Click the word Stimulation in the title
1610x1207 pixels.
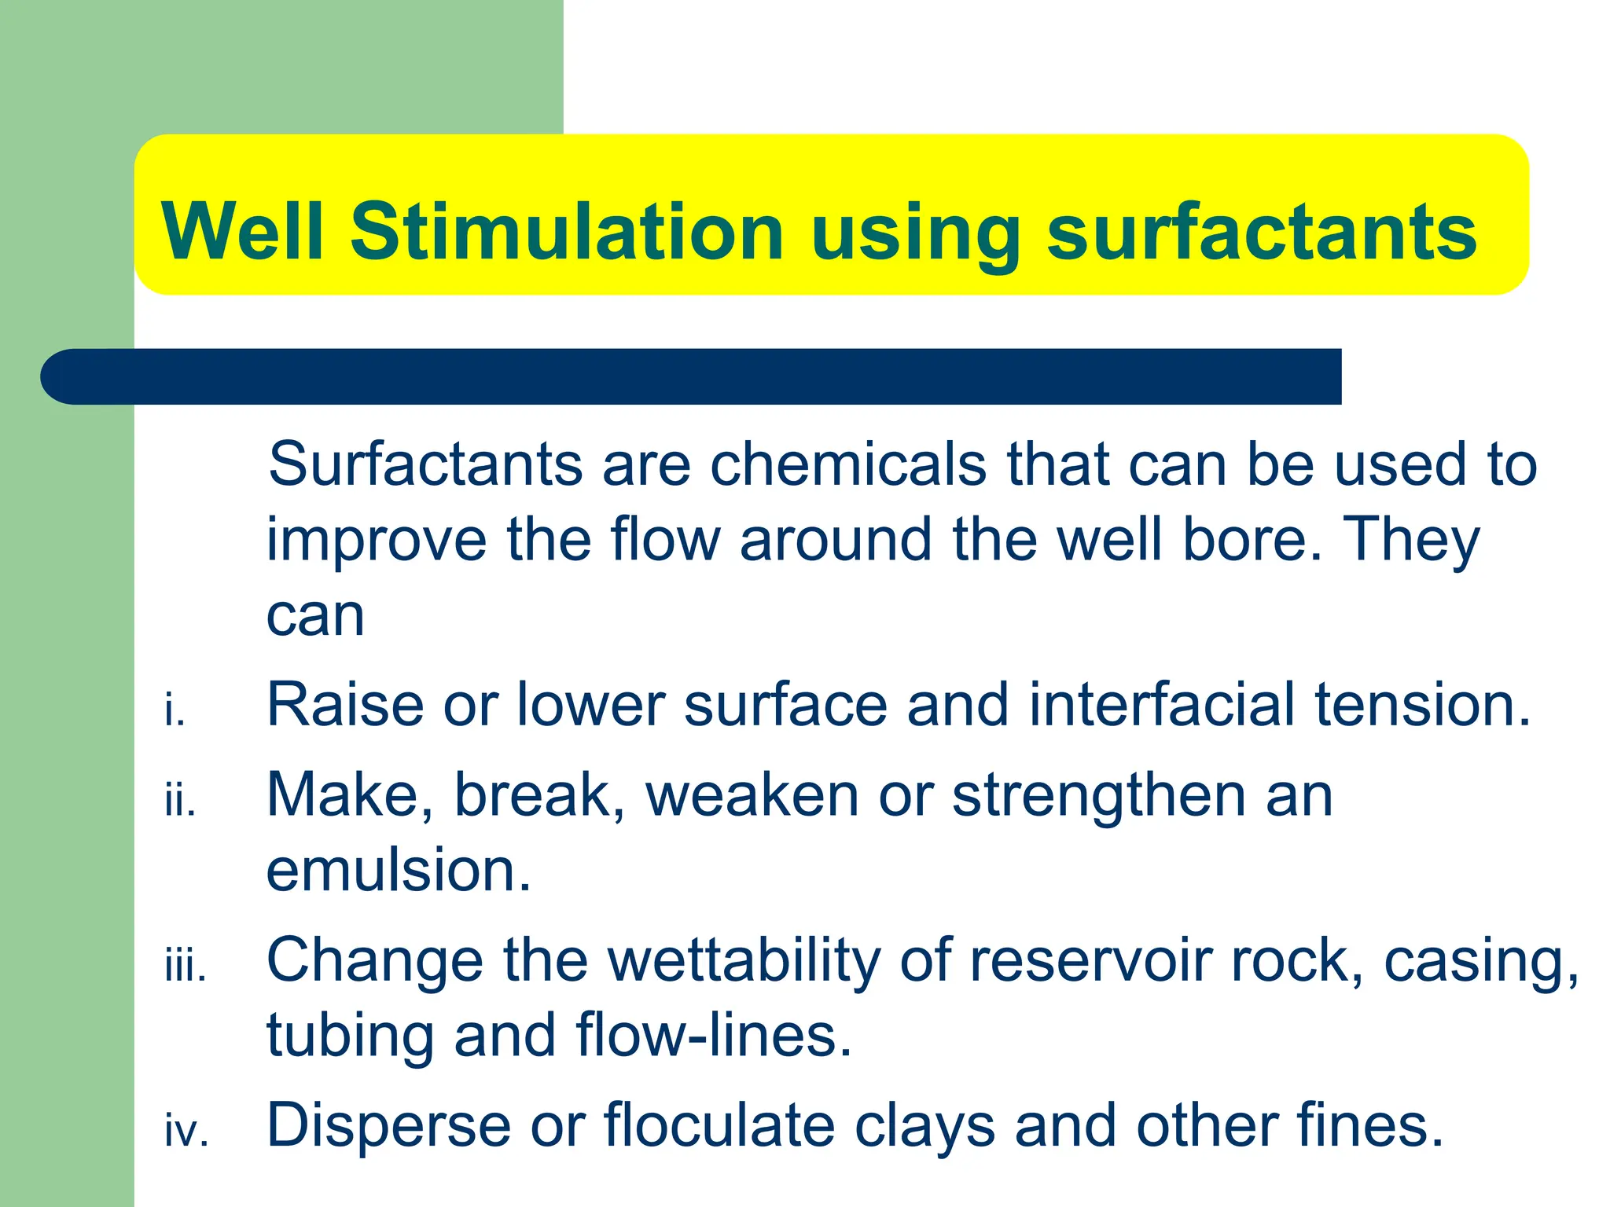click(x=567, y=231)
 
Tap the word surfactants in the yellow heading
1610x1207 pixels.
click(x=1262, y=231)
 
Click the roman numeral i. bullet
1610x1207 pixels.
click(x=175, y=711)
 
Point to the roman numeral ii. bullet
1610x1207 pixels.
click(x=180, y=802)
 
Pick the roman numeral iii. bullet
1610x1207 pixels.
click(x=186, y=967)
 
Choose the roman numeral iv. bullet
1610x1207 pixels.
click(x=186, y=1132)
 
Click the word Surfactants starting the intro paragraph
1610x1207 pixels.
click(x=425, y=464)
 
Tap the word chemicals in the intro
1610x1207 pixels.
click(x=848, y=464)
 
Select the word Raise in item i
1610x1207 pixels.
click(x=345, y=704)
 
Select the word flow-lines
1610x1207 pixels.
click(x=714, y=1035)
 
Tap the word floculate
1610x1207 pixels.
click(x=719, y=1125)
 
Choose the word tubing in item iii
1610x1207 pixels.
click(x=350, y=1036)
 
